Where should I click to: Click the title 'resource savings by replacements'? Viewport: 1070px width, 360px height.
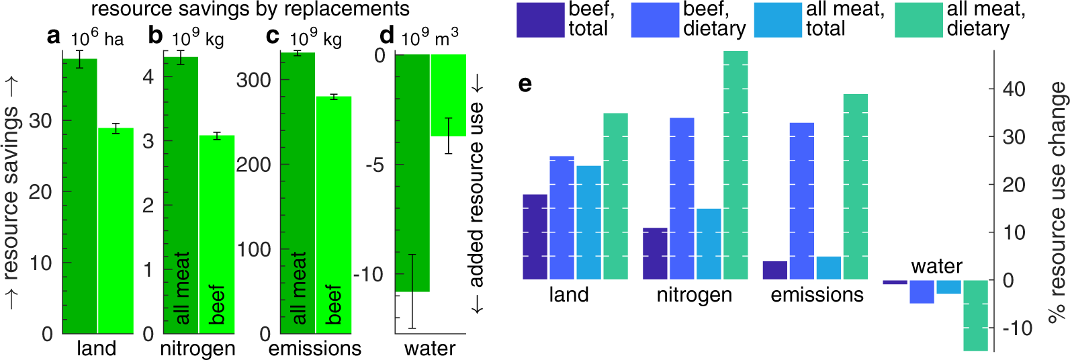[250, 9]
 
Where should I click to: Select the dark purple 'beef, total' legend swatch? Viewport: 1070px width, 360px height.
[540, 20]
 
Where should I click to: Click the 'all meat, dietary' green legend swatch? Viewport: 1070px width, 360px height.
[918, 20]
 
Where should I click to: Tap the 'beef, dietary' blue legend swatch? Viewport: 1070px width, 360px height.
[654, 20]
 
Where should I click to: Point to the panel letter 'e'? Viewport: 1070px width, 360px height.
[525, 83]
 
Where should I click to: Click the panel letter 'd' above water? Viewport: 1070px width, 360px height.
[386, 36]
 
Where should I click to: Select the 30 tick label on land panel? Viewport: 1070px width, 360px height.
[40, 121]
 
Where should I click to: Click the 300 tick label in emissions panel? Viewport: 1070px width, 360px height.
[253, 80]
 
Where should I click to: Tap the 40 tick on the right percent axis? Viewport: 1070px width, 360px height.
[1014, 89]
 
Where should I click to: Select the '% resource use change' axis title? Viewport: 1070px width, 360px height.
[1057, 201]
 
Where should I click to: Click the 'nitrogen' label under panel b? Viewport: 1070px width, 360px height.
[197, 349]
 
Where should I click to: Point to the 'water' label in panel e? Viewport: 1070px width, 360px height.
[936, 267]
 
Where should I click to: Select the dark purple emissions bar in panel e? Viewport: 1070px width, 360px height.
[774, 270]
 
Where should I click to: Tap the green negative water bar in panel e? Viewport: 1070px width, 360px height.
[975, 315]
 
